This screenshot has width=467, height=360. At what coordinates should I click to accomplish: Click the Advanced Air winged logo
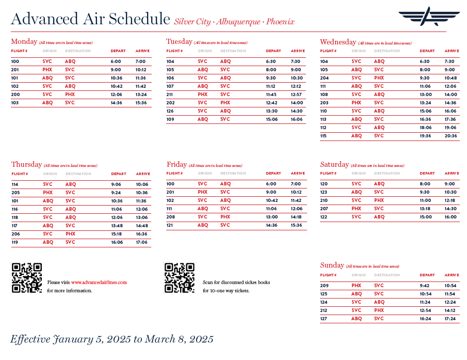pos(428,17)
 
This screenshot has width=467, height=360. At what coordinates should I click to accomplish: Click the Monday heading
pos(24,41)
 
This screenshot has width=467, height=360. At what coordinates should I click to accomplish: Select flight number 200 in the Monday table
pos(15,95)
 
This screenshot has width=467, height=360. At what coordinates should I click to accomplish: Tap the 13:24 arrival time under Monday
pos(141,95)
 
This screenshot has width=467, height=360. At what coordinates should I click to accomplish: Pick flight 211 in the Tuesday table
pos(170,95)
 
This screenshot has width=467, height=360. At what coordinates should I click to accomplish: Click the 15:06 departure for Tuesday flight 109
pos(271,119)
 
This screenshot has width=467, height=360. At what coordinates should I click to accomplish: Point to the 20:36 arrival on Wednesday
pos(450,136)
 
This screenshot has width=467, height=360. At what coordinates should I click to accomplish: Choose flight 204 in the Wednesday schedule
pos(324,78)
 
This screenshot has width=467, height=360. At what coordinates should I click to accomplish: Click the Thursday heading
pos(26,164)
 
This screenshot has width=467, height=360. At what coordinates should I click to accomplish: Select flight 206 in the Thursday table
pos(15,234)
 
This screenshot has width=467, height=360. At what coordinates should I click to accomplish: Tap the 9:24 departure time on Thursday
pos(116,193)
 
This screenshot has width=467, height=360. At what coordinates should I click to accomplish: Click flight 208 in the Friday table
pos(171,217)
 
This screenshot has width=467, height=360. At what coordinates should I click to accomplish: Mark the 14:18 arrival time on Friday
pos(296,217)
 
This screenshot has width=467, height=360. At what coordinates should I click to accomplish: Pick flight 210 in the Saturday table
pos(324,200)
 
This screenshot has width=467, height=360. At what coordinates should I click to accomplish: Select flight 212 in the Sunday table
pos(324,310)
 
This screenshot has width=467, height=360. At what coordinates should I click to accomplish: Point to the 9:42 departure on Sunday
pos(425,286)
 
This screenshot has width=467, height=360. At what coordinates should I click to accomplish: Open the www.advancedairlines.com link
pos(99,283)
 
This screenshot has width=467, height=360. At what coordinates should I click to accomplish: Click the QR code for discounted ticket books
pos(180,278)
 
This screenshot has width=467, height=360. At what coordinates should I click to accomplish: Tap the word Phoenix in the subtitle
pos(280,22)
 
